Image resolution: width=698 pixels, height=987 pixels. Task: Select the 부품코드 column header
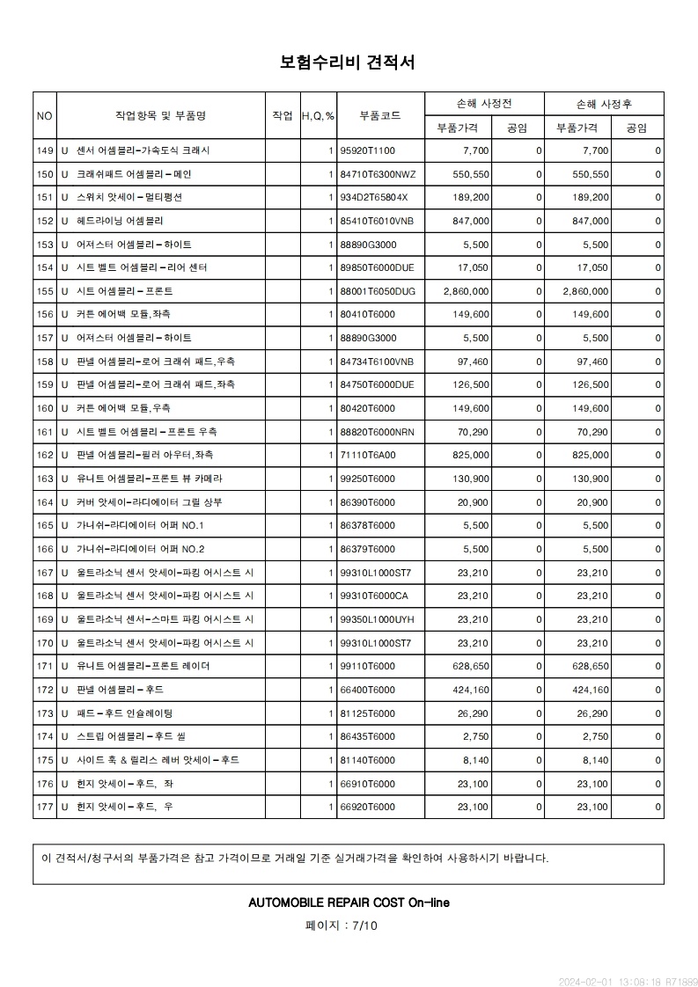[x=380, y=115]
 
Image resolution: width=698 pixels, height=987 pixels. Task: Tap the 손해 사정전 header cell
[x=484, y=104]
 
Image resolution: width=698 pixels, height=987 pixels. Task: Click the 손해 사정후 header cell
[x=603, y=104]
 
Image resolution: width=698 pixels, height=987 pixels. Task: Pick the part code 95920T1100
[x=368, y=150]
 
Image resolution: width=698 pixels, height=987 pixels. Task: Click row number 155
[x=45, y=291]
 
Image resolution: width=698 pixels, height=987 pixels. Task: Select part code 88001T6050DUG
[x=377, y=291]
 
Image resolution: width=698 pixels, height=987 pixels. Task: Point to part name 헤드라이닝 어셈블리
[x=120, y=221]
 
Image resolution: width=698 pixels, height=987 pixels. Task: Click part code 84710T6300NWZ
[x=377, y=174]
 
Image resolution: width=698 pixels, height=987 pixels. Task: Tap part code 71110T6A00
[x=368, y=455]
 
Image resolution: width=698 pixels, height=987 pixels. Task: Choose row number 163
[x=45, y=479]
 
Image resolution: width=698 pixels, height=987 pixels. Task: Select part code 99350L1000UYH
[x=377, y=619]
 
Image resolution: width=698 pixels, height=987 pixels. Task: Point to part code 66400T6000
[x=368, y=690]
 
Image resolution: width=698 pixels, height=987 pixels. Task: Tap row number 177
[x=45, y=807]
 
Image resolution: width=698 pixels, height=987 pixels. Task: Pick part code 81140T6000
[x=368, y=760]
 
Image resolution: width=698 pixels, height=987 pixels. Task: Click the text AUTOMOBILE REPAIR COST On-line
[x=349, y=903]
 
